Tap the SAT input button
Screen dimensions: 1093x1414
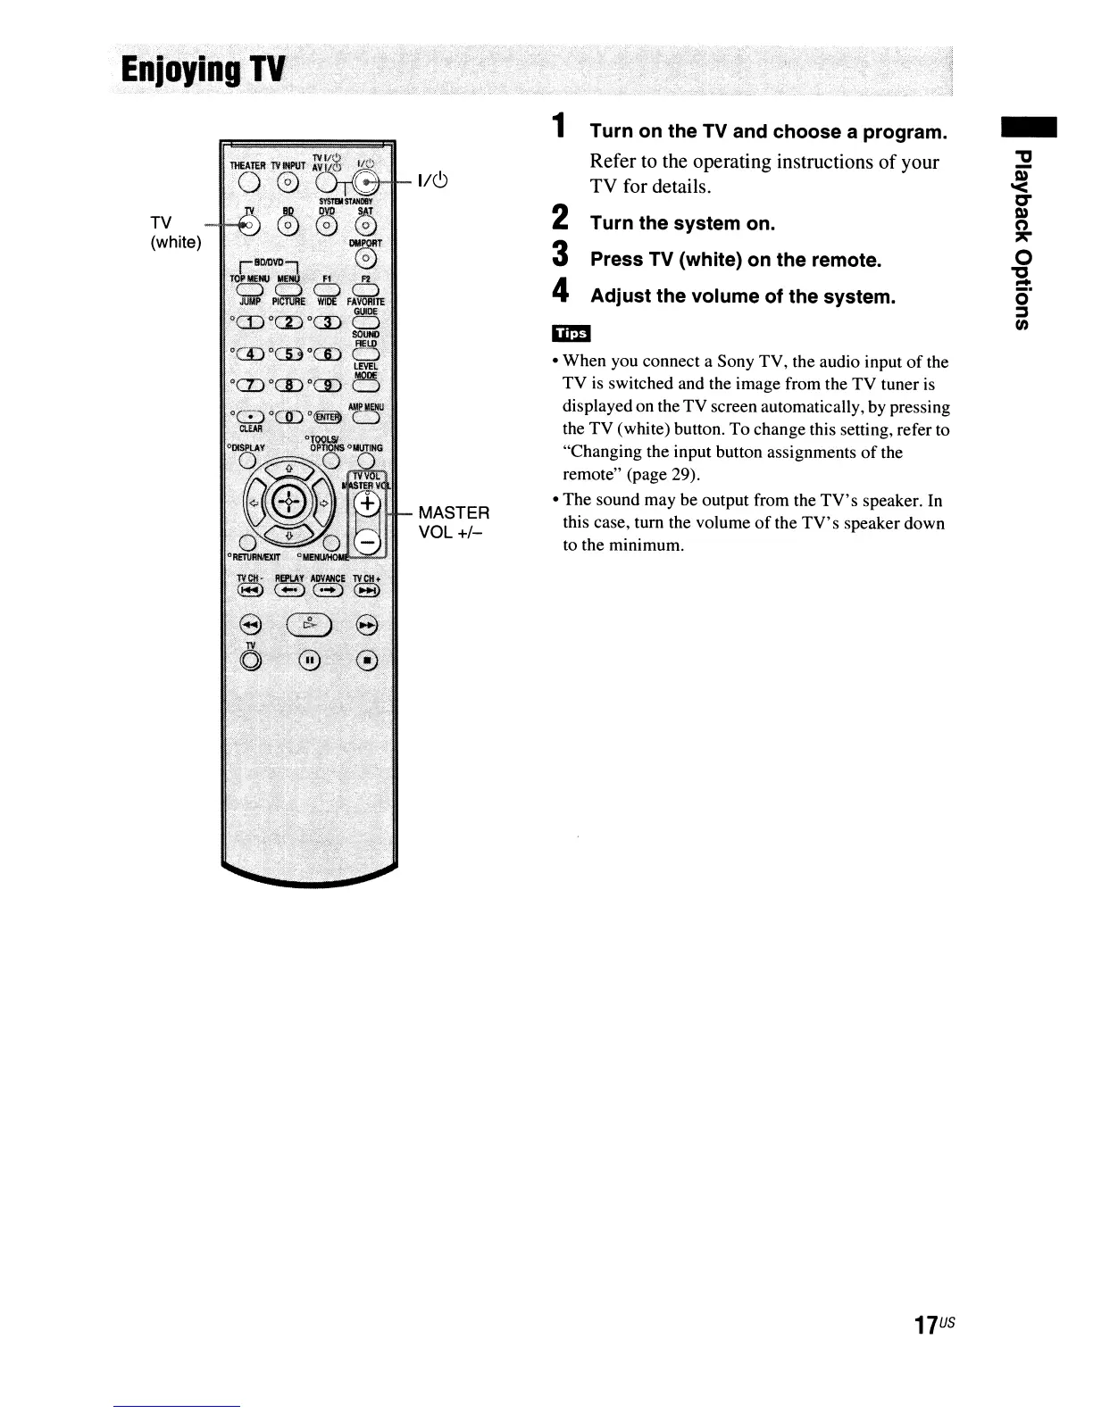click(366, 224)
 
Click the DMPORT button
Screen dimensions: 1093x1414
click(366, 259)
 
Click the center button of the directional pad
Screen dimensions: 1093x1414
click(289, 503)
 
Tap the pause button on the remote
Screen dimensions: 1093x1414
click(309, 661)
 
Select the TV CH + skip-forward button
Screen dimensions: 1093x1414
click(366, 589)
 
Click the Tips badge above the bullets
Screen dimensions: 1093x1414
click(572, 333)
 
